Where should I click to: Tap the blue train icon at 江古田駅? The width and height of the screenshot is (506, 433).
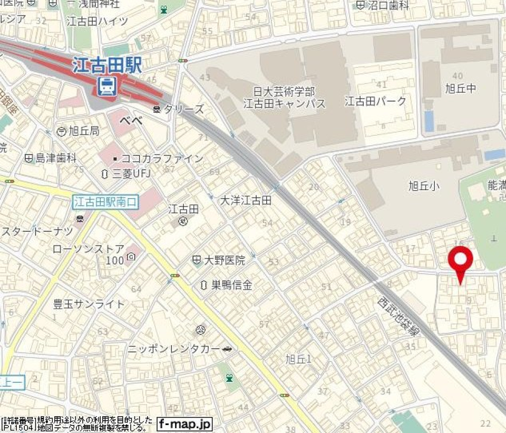[x=108, y=85]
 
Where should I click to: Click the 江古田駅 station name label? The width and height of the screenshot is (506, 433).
[x=108, y=65]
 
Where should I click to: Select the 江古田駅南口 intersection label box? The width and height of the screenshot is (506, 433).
[x=105, y=201]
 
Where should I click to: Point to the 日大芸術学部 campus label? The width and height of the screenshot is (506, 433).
[x=284, y=92]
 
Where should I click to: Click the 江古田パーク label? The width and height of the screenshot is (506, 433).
[x=375, y=101]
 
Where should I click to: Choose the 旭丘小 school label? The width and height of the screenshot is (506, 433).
[x=424, y=185]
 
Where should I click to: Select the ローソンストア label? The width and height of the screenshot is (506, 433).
[x=89, y=249]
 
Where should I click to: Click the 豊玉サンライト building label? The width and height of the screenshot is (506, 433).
[x=89, y=304]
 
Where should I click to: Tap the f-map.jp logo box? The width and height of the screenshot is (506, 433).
[x=184, y=423]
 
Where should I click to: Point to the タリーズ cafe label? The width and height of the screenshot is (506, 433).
[x=183, y=110]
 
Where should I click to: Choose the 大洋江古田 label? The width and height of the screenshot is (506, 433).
[x=245, y=200]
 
